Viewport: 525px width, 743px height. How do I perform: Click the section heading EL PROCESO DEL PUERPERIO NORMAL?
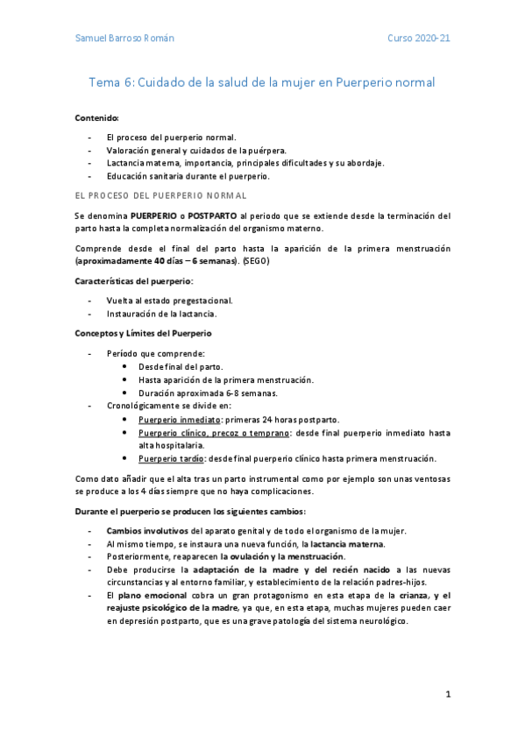(160, 195)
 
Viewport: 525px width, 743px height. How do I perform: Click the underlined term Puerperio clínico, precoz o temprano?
(215, 433)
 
